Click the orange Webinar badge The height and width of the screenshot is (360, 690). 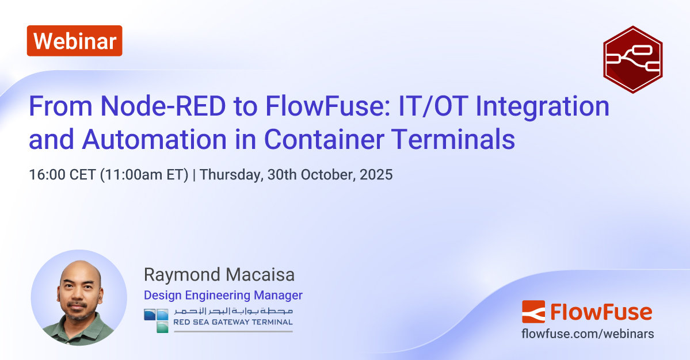point(74,41)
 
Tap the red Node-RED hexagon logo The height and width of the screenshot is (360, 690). point(632,60)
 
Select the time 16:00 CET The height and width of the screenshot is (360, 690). point(62,175)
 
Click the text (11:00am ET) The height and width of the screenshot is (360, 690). point(144,175)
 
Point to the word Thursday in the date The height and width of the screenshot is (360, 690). point(228,175)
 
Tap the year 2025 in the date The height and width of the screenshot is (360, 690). point(375,175)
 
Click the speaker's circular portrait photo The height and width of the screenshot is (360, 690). point(79,297)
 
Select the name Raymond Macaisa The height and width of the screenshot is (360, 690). point(219,275)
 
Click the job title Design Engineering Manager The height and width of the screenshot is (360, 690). point(223,296)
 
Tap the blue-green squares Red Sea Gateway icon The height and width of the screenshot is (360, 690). point(156,320)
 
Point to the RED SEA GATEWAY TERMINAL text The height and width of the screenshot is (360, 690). point(233,323)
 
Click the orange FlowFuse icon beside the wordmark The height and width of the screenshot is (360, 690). point(533,312)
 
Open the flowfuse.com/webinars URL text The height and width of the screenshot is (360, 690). point(587,334)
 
